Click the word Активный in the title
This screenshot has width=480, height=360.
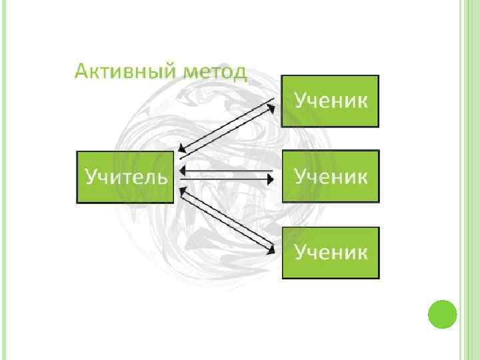120,71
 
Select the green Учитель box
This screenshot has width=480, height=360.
125,177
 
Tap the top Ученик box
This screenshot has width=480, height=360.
331,101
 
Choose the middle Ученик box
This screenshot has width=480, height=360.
331,176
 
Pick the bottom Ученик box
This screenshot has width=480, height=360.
331,252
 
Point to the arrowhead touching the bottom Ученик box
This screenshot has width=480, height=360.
272,250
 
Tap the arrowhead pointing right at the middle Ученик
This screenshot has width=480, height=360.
271,179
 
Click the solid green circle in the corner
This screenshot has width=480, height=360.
441,314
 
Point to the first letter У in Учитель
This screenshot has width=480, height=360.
91,177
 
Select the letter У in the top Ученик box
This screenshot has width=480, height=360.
301,101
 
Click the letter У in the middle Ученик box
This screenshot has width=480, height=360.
301,177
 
